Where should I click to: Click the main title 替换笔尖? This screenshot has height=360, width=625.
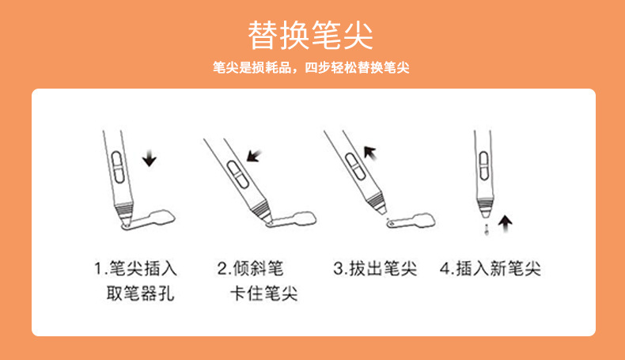click(311, 36)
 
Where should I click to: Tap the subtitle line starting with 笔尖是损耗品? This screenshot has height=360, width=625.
click(311, 69)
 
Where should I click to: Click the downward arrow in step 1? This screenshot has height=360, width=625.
click(150, 159)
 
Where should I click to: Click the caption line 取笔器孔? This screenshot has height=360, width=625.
click(140, 295)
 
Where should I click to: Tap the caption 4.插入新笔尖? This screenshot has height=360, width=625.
click(491, 268)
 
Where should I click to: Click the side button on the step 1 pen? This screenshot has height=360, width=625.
click(115, 169)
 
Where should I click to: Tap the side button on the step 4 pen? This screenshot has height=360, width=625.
click(483, 168)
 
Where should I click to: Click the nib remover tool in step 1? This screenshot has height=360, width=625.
click(153, 219)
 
